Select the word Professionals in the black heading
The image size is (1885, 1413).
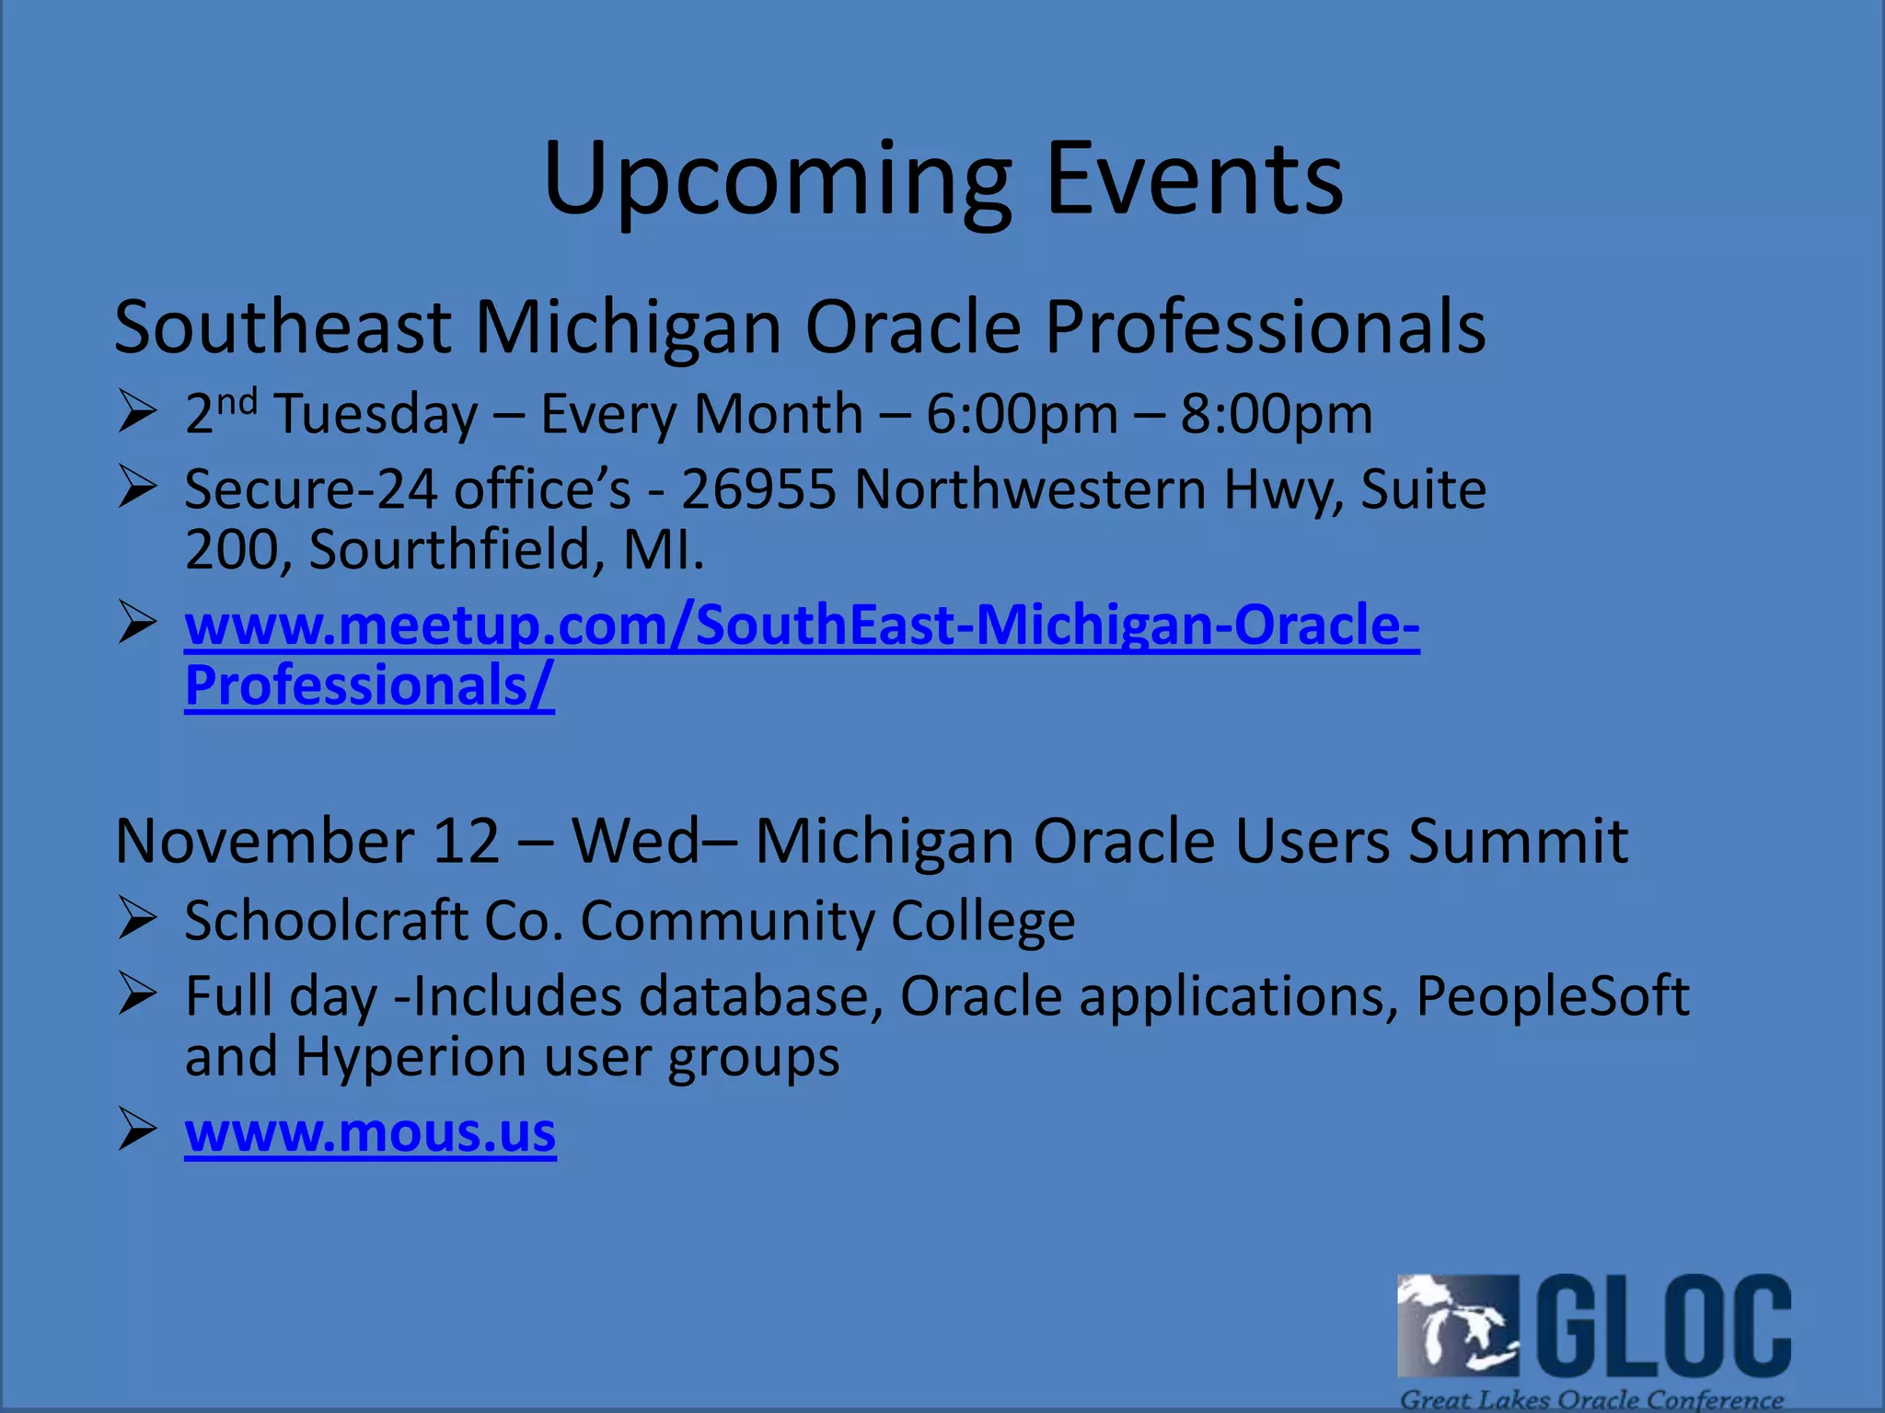(1265, 327)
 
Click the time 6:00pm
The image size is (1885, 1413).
(1022, 414)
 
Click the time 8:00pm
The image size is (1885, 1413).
(1277, 414)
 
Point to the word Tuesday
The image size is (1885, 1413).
(377, 414)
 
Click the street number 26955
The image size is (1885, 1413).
(758, 489)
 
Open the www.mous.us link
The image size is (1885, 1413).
(370, 1132)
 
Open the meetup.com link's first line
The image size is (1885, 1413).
(802, 626)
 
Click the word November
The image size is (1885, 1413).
(264, 841)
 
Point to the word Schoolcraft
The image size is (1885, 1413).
(326, 920)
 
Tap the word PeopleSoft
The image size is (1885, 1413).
(1552, 996)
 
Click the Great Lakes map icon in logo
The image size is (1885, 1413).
(1457, 1325)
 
